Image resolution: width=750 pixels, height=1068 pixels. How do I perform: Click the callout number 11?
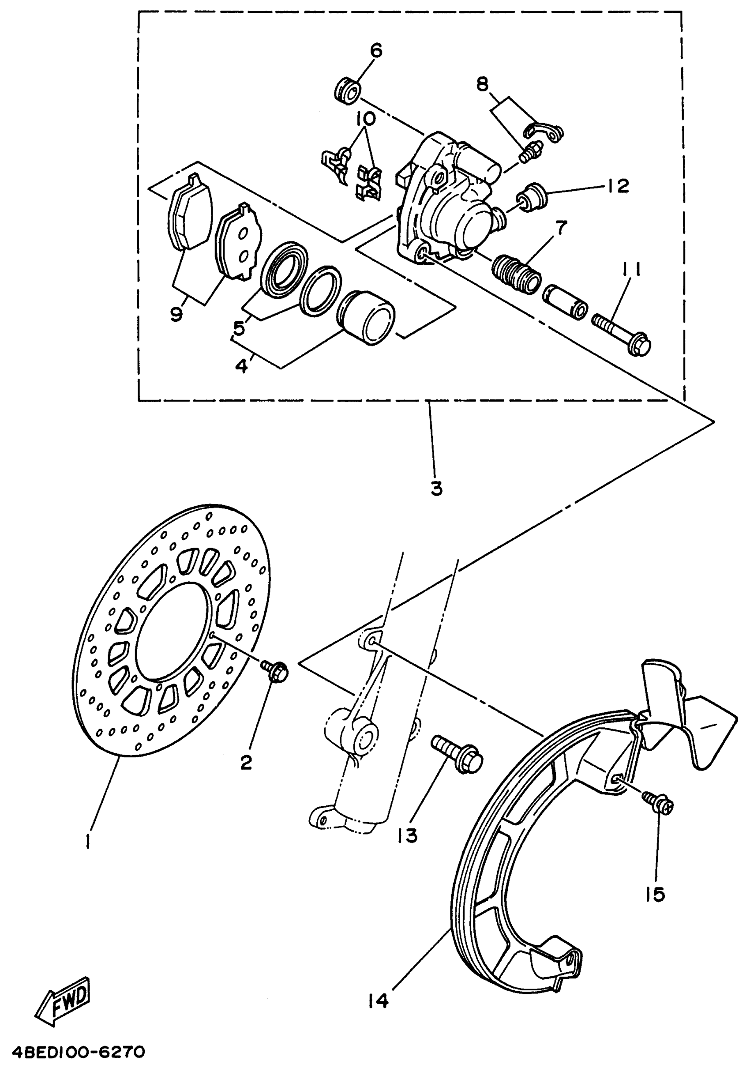coord(630,270)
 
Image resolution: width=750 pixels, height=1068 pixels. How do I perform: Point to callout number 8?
coord(483,84)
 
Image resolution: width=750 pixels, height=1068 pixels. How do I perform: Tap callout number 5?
coord(239,328)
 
